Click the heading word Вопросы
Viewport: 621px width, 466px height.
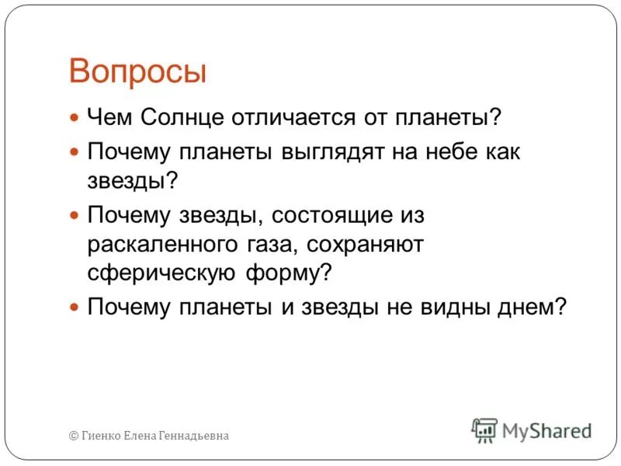pos(137,71)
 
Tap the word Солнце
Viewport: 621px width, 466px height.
pos(182,118)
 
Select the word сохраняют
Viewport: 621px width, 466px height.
pos(366,245)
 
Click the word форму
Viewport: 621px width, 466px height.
pos(286,274)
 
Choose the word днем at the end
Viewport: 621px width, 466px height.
pos(533,307)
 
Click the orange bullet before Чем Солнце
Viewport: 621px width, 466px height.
pos(75,119)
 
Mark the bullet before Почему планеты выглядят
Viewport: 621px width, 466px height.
pos(75,151)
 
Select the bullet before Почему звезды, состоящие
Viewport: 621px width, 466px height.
pos(75,214)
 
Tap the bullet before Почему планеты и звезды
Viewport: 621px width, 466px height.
pos(75,308)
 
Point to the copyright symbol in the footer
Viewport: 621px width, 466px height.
pos(74,436)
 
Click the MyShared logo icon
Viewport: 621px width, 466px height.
pos(484,429)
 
